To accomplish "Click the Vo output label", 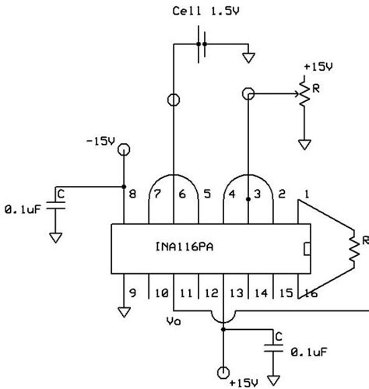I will click(175, 319).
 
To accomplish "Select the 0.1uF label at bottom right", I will click(310, 354).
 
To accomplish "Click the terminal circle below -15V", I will click(123, 149).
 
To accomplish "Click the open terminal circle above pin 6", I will click(174, 100).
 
